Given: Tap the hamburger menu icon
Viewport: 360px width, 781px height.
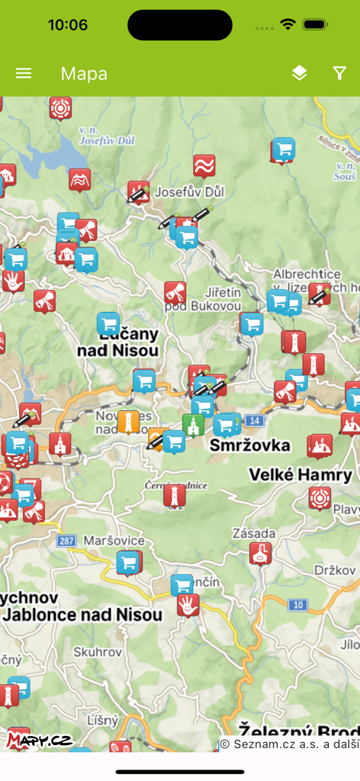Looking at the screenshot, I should (x=24, y=73).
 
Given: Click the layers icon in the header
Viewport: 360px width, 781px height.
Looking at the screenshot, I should (x=299, y=73).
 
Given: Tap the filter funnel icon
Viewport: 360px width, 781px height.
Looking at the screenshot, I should (x=339, y=73).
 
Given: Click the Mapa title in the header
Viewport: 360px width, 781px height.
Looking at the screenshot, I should (x=84, y=73).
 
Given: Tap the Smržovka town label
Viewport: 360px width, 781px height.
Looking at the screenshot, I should (x=250, y=445).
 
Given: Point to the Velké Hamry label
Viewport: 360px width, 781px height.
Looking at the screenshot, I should (x=301, y=475).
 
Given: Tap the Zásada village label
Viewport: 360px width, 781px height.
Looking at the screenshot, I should (x=256, y=532).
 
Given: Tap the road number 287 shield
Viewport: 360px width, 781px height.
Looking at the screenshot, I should (x=66, y=541).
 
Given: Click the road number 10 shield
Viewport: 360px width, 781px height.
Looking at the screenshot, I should (x=297, y=606).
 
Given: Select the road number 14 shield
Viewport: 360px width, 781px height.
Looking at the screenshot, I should (x=254, y=420).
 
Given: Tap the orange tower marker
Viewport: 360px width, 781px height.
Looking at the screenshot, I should (x=128, y=421).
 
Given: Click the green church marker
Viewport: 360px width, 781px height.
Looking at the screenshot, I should (x=193, y=425).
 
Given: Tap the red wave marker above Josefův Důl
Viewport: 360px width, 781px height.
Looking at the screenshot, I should (x=204, y=166).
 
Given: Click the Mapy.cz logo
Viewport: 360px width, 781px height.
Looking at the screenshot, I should (x=38, y=739).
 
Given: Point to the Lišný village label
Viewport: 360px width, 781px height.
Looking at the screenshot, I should (x=102, y=719).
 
